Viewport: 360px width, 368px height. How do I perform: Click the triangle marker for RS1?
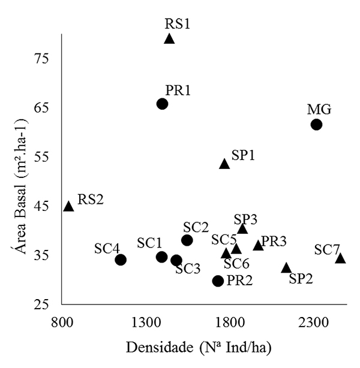click(x=169, y=39)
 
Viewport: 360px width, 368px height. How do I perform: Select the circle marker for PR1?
click(x=162, y=104)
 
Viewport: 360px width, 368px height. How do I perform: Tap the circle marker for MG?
click(x=316, y=125)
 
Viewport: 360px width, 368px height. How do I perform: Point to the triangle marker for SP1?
click(x=224, y=164)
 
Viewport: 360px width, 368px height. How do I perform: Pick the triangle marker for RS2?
click(x=68, y=206)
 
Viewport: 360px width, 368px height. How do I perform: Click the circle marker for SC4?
click(x=121, y=260)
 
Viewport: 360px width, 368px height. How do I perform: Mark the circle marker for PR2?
click(x=218, y=280)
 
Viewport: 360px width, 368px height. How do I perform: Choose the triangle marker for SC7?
click(x=340, y=258)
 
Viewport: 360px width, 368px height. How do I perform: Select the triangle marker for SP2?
click(x=286, y=268)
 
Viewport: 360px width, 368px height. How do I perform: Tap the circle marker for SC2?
click(x=187, y=240)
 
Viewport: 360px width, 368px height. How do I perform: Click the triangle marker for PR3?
click(x=258, y=245)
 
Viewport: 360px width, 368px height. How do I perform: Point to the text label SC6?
click(x=236, y=264)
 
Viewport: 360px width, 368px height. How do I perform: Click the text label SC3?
click(x=188, y=269)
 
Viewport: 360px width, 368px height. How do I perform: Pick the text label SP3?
click(x=246, y=218)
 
